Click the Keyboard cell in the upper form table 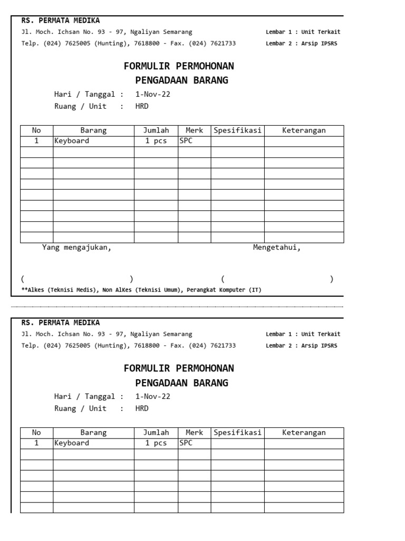(x=72, y=141)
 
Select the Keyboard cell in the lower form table (x=72, y=443)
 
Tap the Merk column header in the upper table (x=194, y=130)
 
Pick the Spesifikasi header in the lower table (x=237, y=433)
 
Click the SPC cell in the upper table (x=186, y=141)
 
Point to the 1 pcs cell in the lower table (x=156, y=443)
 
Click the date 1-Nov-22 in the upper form (x=153, y=95)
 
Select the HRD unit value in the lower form (x=142, y=408)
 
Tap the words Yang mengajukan (x=77, y=248)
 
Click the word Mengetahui (x=277, y=248)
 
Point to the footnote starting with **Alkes (x=141, y=290)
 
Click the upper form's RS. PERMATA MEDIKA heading (x=60, y=21)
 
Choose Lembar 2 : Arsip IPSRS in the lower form (x=301, y=346)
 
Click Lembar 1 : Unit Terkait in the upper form (x=303, y=32)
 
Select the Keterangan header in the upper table (x=304, y=130)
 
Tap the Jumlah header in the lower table (x=156, y=433)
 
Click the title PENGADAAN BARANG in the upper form (x=181, y=80)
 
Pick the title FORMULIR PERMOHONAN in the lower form (x=179, y=368)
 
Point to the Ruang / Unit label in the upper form (x=80, y=106)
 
